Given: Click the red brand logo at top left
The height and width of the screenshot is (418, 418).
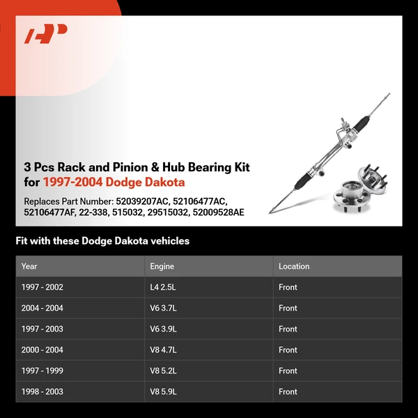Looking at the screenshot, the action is [x=45, y=33].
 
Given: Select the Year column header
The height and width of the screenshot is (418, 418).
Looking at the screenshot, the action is [x=29, y=266].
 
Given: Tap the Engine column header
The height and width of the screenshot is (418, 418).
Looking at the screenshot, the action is [x=162, y=266].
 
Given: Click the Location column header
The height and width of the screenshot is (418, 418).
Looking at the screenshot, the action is [x=294, y=266].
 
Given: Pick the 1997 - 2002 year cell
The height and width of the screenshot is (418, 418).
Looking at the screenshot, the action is [x=42, y=287].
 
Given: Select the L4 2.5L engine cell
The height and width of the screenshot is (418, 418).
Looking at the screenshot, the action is [x=163, y=287].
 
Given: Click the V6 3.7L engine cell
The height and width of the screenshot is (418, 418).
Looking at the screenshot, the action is [x=163, y=308].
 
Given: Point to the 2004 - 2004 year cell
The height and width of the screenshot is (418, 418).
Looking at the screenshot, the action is [x=42, y=308].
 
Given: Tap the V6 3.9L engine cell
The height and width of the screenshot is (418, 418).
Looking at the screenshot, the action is [x=163, y=329].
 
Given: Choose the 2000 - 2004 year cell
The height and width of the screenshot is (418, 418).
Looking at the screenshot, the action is [x=42, y=350].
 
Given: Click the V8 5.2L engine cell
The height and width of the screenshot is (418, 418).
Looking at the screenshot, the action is [x=163, y=371].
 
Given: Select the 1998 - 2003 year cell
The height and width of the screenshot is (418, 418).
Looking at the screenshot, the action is [x=42, y=392].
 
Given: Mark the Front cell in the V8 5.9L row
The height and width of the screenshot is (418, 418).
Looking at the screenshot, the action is [x=288, y=392].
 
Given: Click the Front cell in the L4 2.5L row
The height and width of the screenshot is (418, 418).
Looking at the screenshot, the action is [x=288, y=287].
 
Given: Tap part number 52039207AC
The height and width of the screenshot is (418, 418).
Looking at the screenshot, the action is [x=143, y=201].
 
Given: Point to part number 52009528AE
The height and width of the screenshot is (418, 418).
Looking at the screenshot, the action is [x=218, y=212].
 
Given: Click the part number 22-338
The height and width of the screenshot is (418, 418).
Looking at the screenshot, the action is [x=94, y=212].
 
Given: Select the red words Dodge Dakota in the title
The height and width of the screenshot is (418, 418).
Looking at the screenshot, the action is [x=145, y=183].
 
